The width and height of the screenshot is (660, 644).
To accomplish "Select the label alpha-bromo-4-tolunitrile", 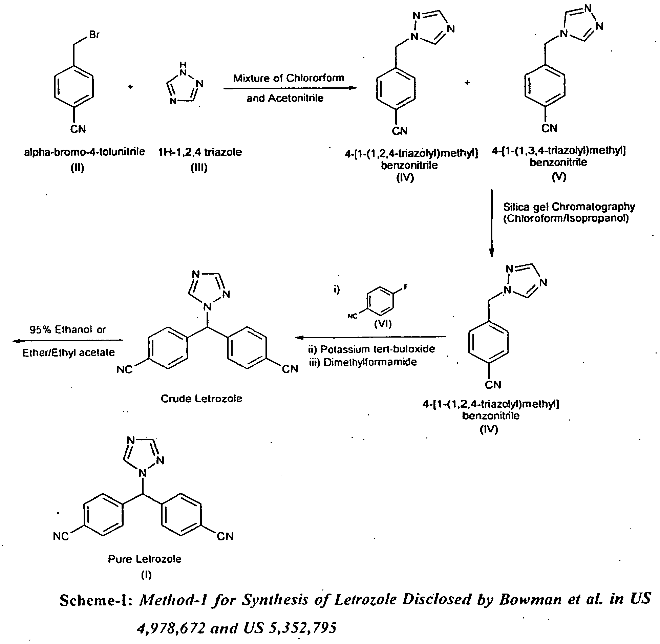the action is pyautogui.click(x=84, y=152).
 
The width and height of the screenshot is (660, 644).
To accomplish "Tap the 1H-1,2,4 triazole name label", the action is pyautogui.click(x=200, y=152).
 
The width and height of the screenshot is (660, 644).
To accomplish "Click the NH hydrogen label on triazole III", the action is pyautogui.click(x=183, y=64).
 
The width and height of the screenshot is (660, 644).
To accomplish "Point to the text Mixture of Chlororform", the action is pyautogui.click(x=289, y=78).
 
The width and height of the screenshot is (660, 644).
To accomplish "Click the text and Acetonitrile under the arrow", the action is pyautogui.click(x=285, y=99).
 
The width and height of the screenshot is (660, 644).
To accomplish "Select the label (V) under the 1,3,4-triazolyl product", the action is pyautogui.click(x=558, y=177).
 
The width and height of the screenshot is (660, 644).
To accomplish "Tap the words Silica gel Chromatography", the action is pyautogui.click(x=569, y=207).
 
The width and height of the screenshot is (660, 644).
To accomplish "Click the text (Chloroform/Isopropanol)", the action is pyautogui.click(x=566, y=218).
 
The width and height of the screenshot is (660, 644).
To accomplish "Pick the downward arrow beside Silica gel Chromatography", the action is pyautogui.click(x=492, y=224).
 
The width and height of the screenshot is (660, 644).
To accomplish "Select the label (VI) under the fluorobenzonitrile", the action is pyautogui.click(x=383, y=324).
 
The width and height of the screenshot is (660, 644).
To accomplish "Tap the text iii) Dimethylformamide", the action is pyautogui.click(x=363, y=362).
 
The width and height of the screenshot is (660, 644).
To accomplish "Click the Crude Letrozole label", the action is pyautogui.click(x=201, y=399).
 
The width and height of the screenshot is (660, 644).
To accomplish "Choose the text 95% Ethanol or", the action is pyautogui.click(x=68, y=330).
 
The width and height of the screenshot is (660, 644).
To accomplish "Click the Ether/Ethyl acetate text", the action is pyautogui.click(x=69, y=353).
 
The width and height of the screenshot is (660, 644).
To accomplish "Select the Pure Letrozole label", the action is pyautogui.click(x=145, y=559).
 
